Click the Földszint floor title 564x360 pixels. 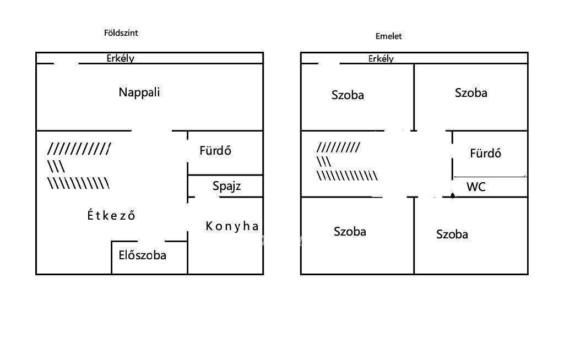click(x=121, y=33)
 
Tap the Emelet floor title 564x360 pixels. click(x=389, y=36)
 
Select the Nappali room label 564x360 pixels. click(x=139, y=92)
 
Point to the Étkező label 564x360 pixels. click(x=111, y=215)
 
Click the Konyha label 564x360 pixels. click(x=232, y=226)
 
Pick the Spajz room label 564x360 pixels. click(x=227, y=186)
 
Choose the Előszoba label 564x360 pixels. click(x=143, y=255)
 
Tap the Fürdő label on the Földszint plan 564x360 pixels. click(x=215, y=150)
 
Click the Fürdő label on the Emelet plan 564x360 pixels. click(x=485, y=153)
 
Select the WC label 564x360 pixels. click(x=476, y=187)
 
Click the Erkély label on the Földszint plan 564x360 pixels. click(x=121, y=58)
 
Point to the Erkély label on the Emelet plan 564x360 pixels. click(x=381, y=58)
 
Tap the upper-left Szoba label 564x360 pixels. click(x=348, y=95)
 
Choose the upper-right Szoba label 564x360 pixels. click(x=471, y=92)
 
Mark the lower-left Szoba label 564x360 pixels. click(x=350, y=231)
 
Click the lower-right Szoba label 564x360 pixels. click(x=452, y=234)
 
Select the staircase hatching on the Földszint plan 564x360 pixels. click(x=79, y=166)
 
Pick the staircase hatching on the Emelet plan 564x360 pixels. click(x=346, y=162)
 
